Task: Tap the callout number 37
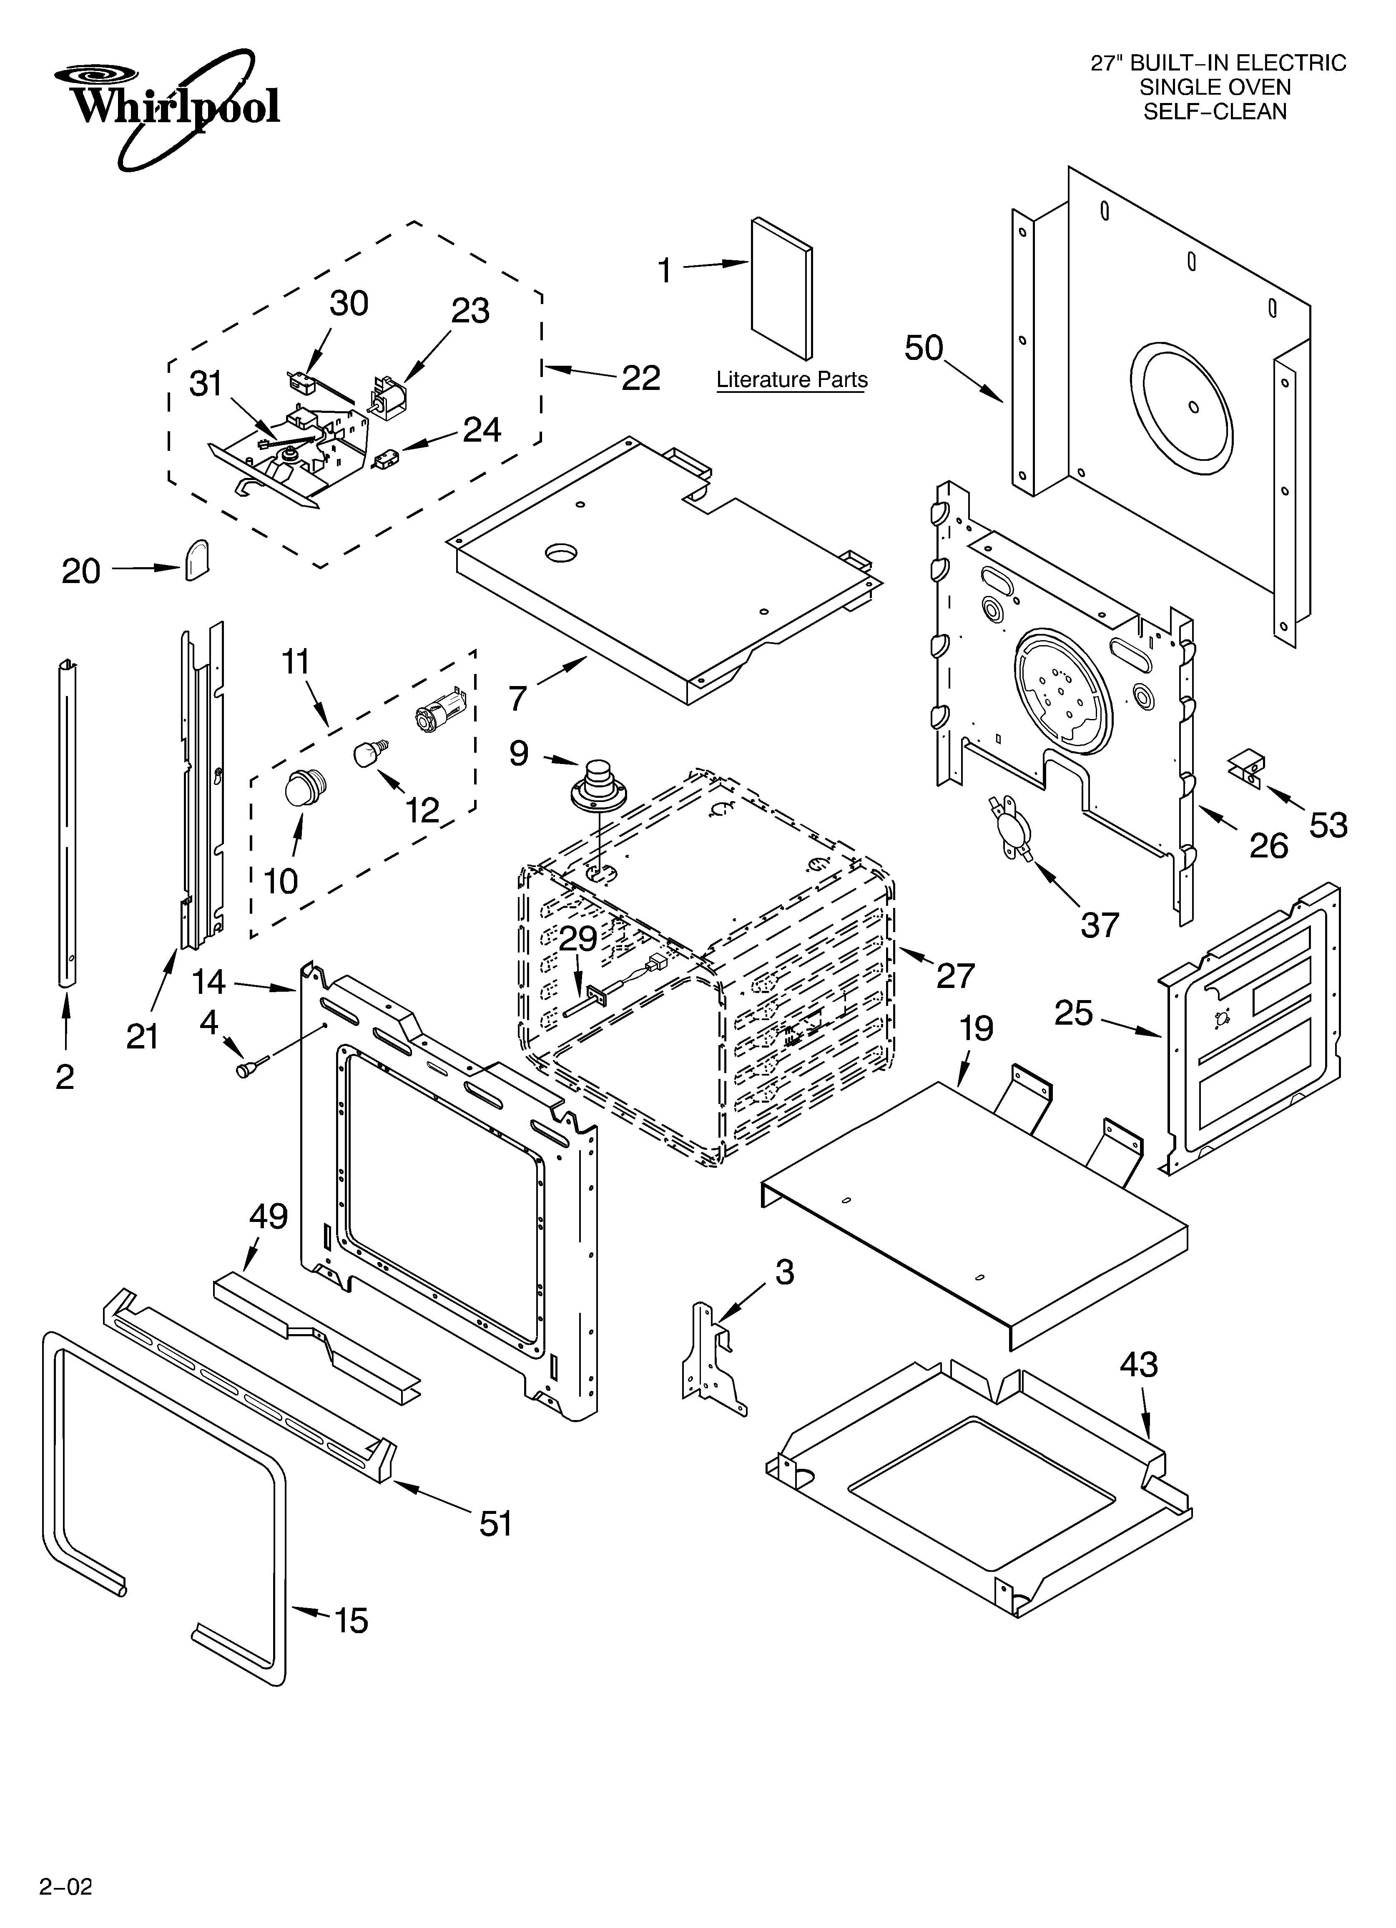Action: click(x=1099, y=924)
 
